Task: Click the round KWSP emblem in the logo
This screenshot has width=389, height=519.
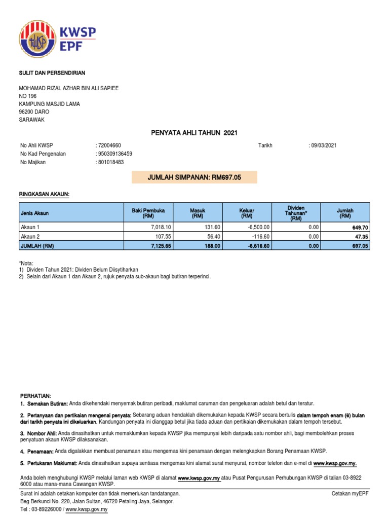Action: click(38, 40)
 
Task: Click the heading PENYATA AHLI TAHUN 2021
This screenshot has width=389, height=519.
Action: click(194, 133)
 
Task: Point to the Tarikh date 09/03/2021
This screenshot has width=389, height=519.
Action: click(323, 145)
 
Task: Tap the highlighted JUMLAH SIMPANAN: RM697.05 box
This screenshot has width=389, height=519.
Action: click(194, 177)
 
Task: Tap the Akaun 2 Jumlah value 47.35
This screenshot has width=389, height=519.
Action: click(361, 236)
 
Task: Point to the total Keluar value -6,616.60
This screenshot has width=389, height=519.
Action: click(259, 245)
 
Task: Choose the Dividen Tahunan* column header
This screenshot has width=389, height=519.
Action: click(295, 213)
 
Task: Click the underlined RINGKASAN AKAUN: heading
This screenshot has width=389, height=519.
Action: click(45, 194)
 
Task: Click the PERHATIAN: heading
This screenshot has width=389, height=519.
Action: click(35, 395)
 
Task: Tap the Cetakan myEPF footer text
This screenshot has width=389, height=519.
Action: click(351, 493)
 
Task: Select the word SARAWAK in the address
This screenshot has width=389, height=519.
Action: click(32, 120)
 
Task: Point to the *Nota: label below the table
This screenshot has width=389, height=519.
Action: click(27, 263)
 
